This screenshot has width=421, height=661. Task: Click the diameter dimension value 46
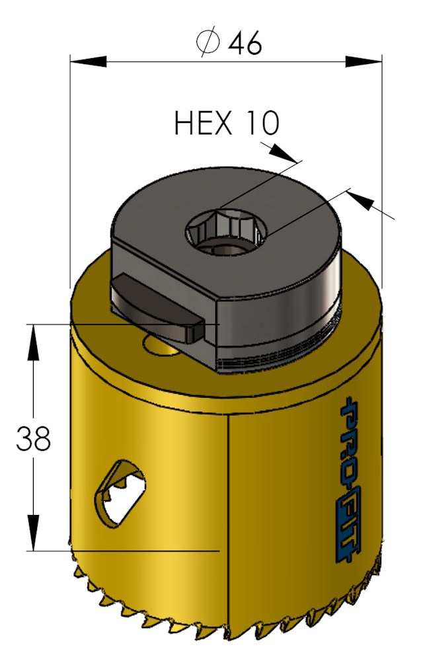(x=245, y=44)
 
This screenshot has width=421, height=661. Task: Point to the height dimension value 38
(x=34, y=439)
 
